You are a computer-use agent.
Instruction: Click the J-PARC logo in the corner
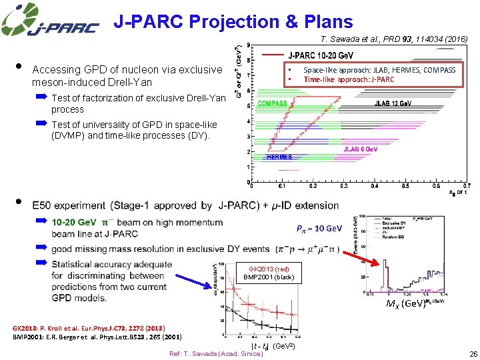click(50, 21)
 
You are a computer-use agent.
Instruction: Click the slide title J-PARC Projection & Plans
click(233, 21)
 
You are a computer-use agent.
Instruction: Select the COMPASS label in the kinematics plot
click(272, 103)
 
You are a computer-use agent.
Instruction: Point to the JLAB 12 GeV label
click(393, 103)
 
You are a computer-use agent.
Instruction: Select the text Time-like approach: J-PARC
click(349, 79)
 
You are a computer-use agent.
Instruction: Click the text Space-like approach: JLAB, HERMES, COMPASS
click(379, 70)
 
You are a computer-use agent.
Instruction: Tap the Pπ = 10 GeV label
click(319, 229)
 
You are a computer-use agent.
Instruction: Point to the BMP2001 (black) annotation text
click(267, 277)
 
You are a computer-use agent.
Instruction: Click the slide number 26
click(473, 353)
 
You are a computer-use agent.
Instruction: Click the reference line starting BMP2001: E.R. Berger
click(97, 337)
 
